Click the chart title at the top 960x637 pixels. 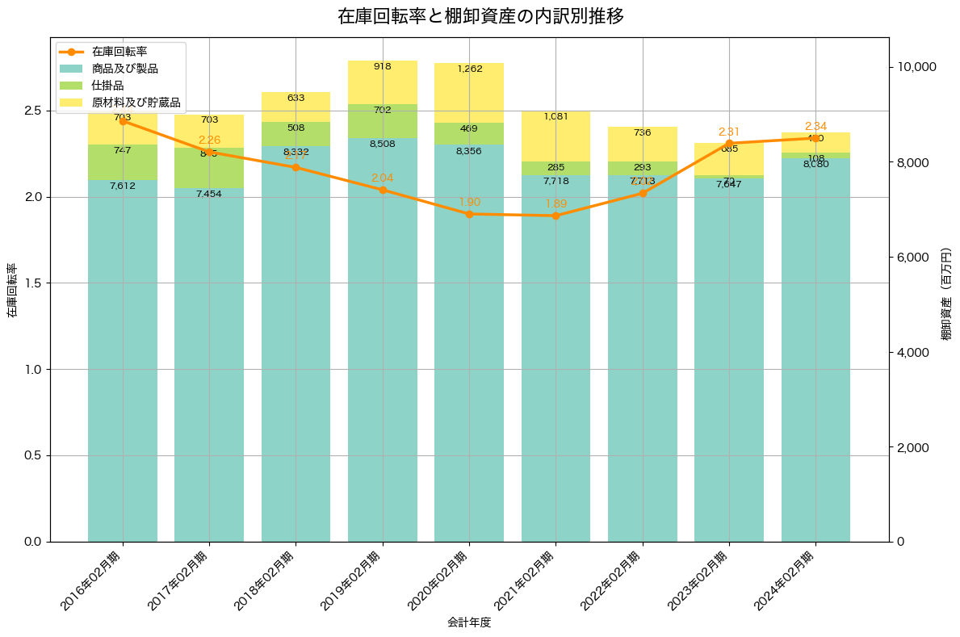(x=480, y=16)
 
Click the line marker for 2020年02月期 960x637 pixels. (x=469, y=214)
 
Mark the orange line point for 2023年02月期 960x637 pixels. (x=729, y=144)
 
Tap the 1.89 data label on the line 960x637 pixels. (x=555, y=203)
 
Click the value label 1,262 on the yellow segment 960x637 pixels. (x=469, y=69)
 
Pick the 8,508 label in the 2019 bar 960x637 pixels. (x=383, y=145)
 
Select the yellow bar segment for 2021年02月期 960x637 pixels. (x=555, y=137)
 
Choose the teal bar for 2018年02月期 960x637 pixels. (x=296, y=347)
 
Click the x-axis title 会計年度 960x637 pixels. (x=469, y=622)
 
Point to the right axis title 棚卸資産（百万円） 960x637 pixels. (x=946, y=294)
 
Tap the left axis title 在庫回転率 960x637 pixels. (x=11, y=291)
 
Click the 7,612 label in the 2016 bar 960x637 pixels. (x=123, y=186)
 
